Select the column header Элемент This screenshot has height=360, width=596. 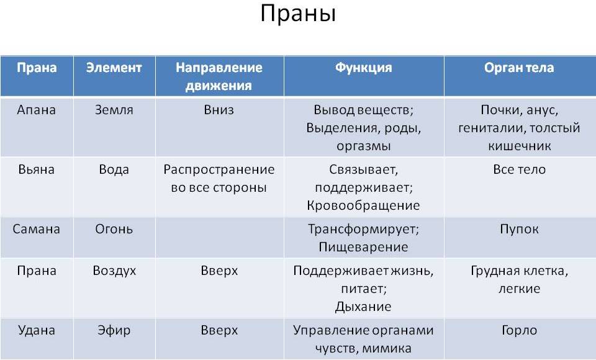[114, 68]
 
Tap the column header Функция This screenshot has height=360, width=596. [363, 68]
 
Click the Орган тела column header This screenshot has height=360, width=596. [519, 68]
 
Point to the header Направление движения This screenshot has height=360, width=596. [219, 76]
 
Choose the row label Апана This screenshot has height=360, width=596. [37, 110]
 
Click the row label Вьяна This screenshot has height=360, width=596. [37, 169]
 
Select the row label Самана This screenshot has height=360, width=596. [37, 229]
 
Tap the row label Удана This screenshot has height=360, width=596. [37, 330]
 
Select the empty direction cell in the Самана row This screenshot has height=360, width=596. [220, 238]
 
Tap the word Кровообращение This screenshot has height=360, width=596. [363, 205]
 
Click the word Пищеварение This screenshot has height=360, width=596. [363, 247]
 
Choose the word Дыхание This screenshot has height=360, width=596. [363, 307]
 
